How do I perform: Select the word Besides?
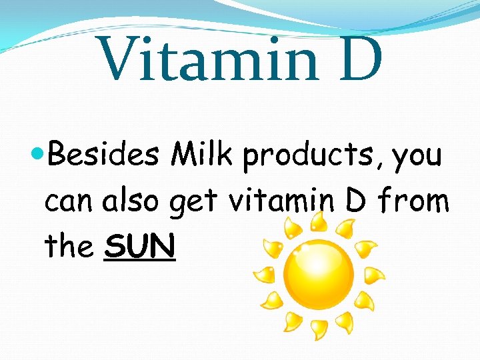(x=104, y=156)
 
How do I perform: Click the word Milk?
(x=203, y=155)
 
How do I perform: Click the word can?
(x=70, y=202)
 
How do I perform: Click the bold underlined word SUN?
(x=141, y=246)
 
